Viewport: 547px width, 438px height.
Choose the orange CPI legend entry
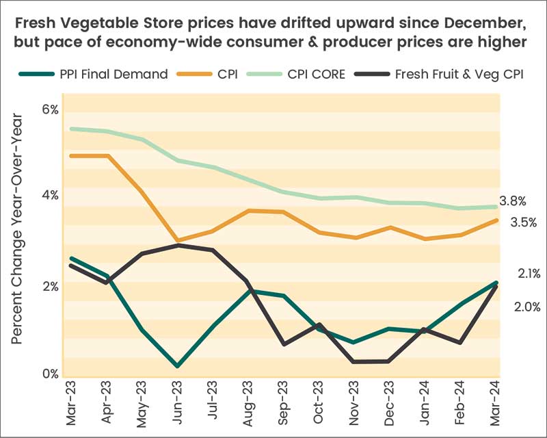pyautogui.click(x=226, y=74)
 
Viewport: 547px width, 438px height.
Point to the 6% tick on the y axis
pyautogui.click(x=51, y=109)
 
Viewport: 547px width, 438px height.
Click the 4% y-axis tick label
pyautogui.click(x=51, y=196)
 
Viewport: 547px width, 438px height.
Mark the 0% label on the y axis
pyautogui.click(x=51, y=374)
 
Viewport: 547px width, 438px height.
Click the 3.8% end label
pyautogui.click(x=513, y=201)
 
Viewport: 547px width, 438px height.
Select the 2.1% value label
pyautogui.click(x=529, y=274)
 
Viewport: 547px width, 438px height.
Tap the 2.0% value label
pyautogui.click(x=527, y=307)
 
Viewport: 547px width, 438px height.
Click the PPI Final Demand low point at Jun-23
pyautogui.click(x=178, y=366)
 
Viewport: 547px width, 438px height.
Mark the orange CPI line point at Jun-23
pyautogui.click(x=178, y=241)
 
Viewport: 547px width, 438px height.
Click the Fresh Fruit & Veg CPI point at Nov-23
pyautogui.click(x=353, y=361)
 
